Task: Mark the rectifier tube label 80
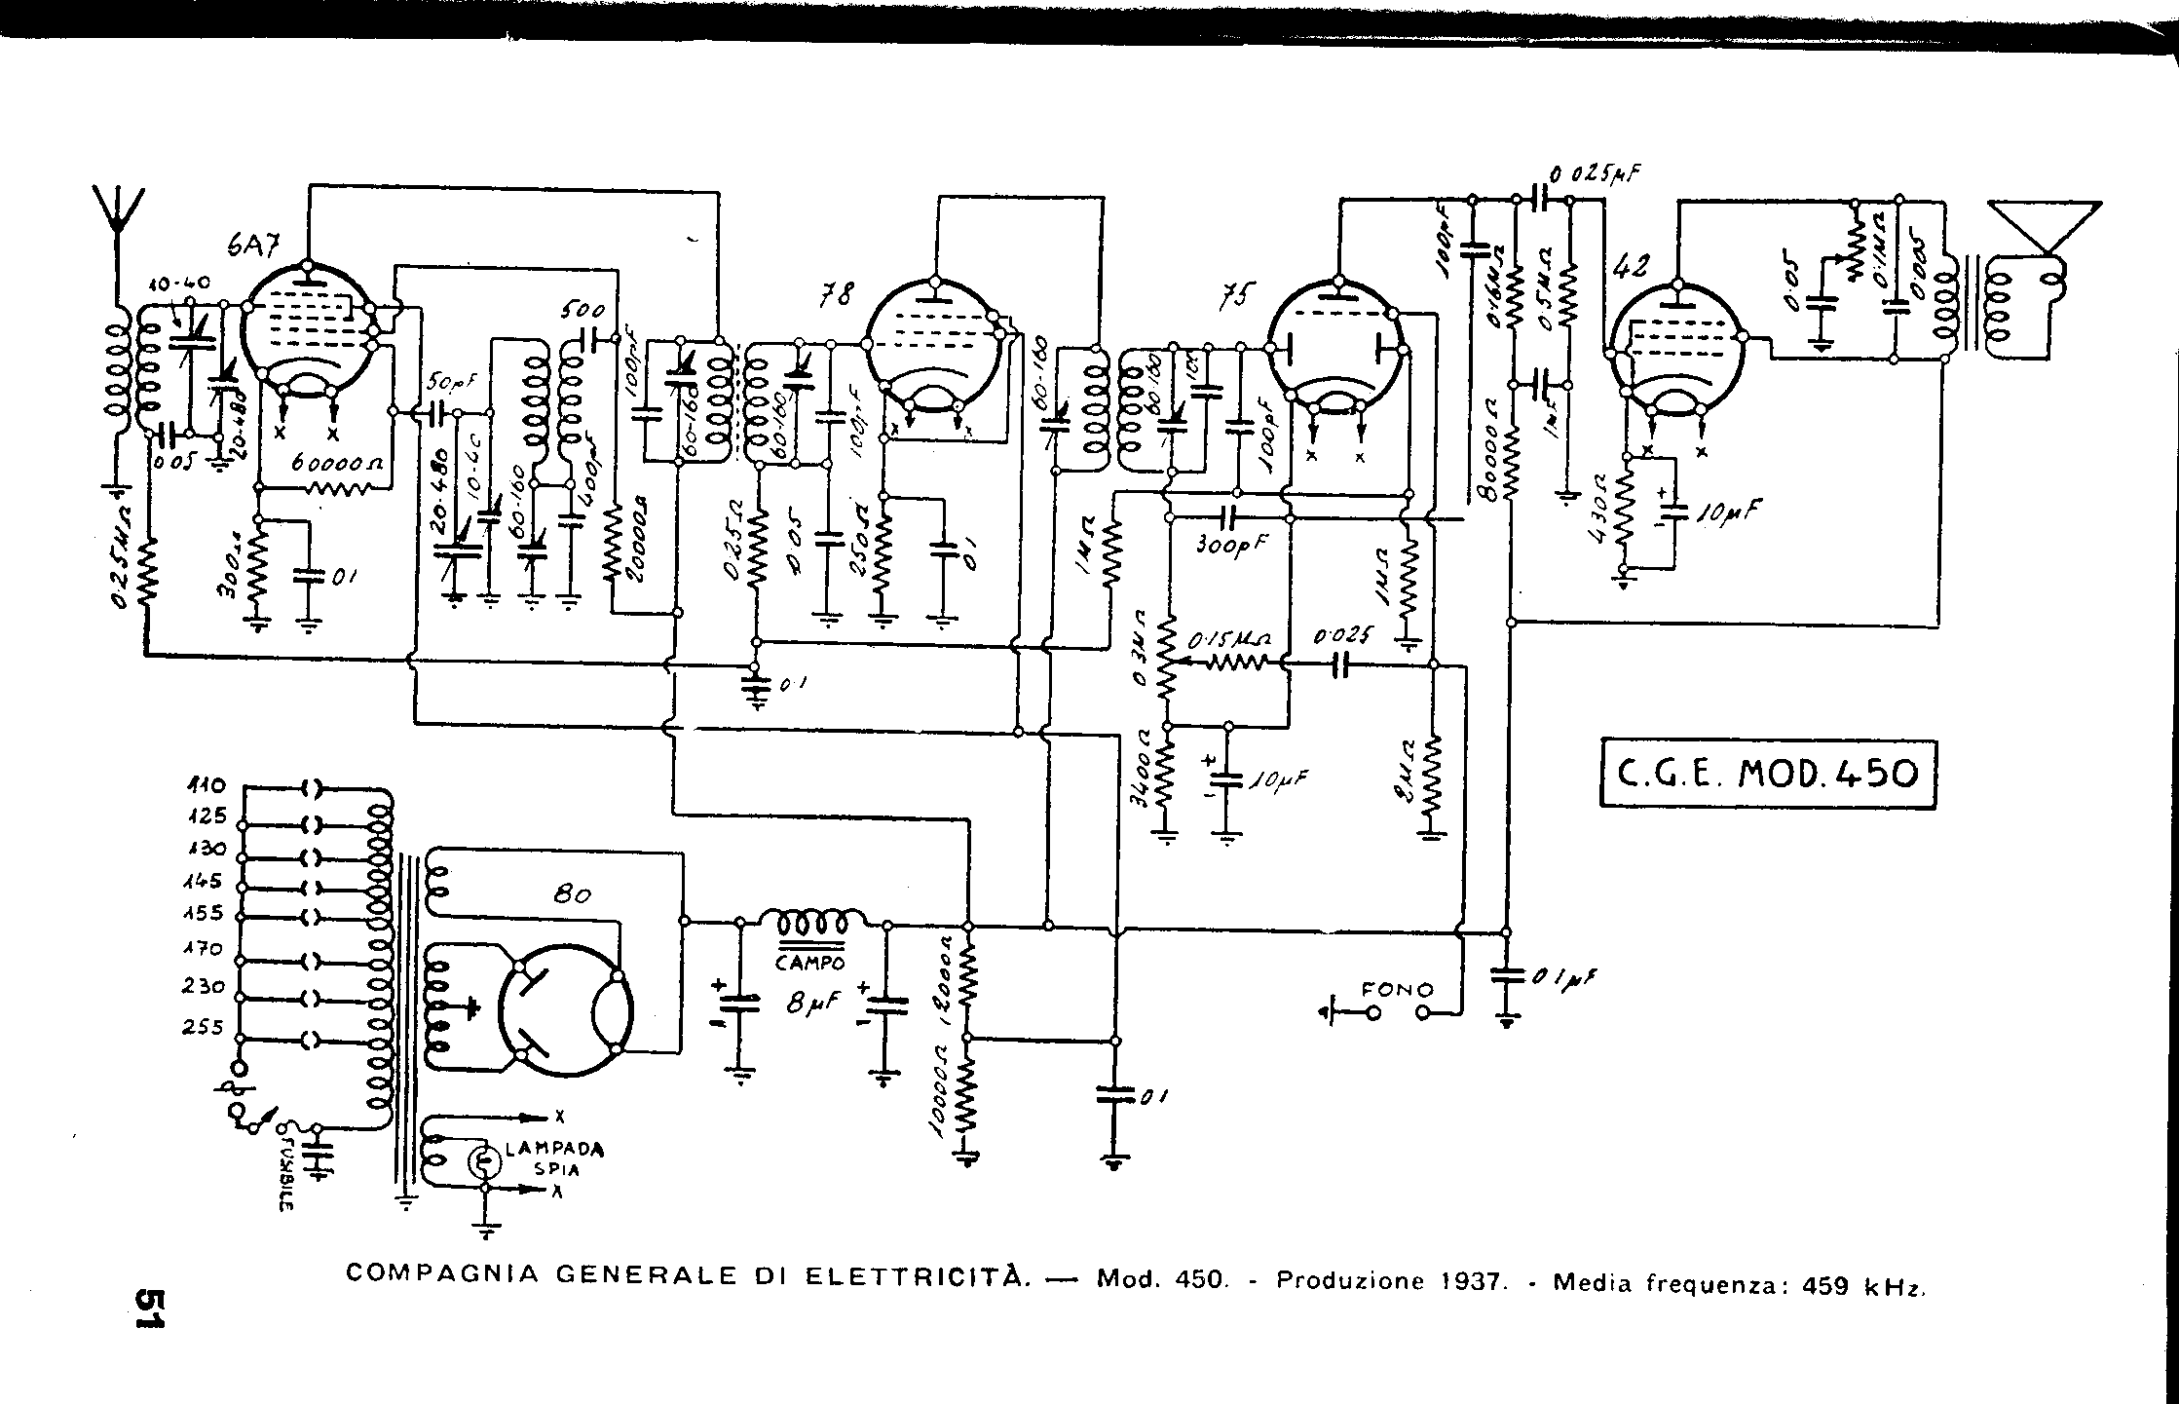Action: tap(572, 893)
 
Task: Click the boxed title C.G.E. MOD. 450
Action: tap(1767, 775)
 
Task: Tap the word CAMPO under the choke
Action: tap(810, 962)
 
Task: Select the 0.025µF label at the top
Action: tap(1591, 175)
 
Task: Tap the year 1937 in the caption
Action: tap(1471, 1281)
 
